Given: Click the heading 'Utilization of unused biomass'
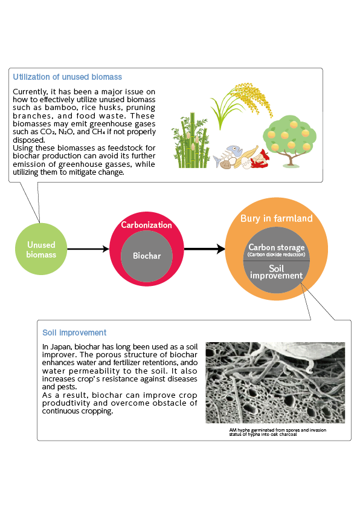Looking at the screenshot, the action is pos(67,77).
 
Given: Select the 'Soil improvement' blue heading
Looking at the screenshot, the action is pos(74,332).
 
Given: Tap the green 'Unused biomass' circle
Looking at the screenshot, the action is pos(41,249).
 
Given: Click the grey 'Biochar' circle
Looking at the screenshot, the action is pos(147,256).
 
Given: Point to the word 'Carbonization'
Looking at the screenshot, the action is pos(146,225).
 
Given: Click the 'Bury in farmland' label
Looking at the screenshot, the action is pos(276,218).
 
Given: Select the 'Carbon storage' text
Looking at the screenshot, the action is pos(276,247).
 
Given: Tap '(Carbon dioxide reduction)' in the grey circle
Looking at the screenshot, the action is pos(276,254).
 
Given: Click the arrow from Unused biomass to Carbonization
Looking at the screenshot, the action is pos(88,249).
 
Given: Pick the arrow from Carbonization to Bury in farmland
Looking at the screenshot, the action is pos(204,249).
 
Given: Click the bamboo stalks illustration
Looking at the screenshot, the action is pos(190,141).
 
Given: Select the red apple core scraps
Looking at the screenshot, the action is pos(261,159).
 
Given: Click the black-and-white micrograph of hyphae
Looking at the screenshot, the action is pos(275,383).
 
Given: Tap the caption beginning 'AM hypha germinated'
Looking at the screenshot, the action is pos(278,432).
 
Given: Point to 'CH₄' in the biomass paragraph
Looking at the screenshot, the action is pos(98,132).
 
